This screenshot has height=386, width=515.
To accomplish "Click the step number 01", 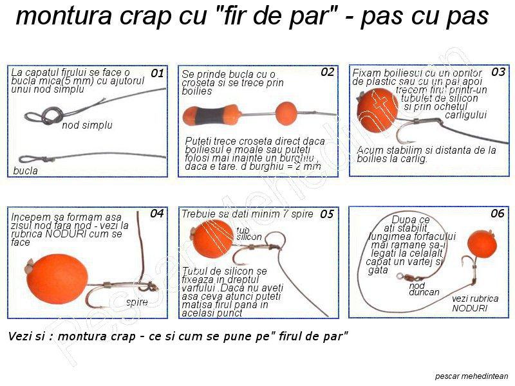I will point(157,74).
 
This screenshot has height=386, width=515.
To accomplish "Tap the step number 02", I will point(327,73).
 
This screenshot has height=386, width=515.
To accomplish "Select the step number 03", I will point(498,72).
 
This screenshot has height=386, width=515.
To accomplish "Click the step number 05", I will point(327,214).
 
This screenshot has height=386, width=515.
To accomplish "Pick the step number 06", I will point(497,214).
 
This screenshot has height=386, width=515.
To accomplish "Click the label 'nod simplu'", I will point(87,125).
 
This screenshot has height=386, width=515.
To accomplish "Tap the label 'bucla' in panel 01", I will point(26,171).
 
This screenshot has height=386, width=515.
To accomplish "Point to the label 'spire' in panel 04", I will point(136,302).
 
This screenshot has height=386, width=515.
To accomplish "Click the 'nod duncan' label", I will point(424,289).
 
